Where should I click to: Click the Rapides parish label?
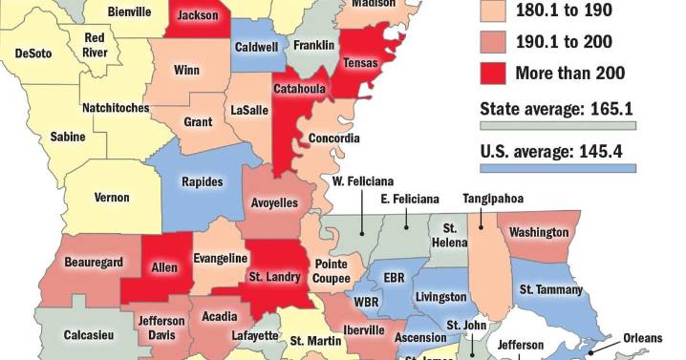click(202, 182)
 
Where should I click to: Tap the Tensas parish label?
click(360, 64)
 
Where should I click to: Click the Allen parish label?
click(164, 268)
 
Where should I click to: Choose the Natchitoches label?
click(115, 108)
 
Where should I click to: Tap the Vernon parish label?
click(112, 198)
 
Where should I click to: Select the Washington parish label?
click(539, 232)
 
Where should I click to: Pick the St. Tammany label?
click(549, 289)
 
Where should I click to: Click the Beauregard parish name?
click(93, 262)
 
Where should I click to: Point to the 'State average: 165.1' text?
click(557, 107)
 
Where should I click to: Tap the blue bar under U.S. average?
click(557, 169)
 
